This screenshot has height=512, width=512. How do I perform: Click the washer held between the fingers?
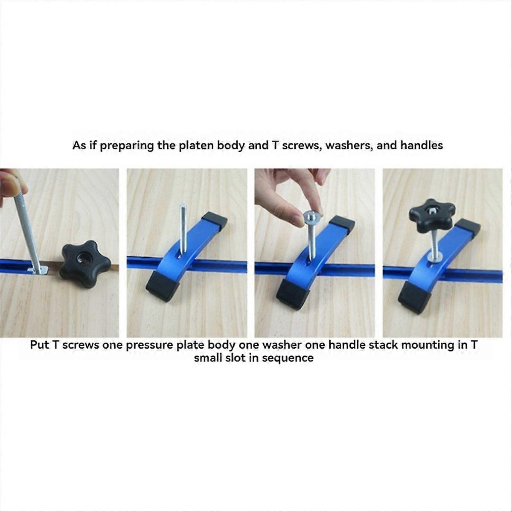313,219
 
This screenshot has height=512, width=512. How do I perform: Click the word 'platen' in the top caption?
195,145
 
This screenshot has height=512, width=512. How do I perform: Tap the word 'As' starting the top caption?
79,145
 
